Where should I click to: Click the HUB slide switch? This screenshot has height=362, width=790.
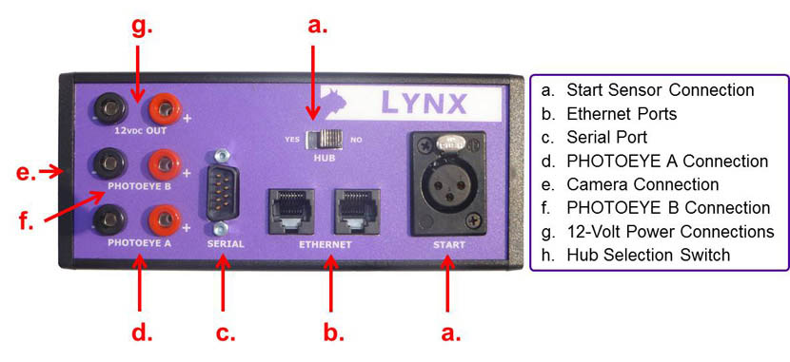pyautogui.click(x=325, y=140)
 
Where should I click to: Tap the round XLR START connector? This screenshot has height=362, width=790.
pyautogui.click(x=446, y=184)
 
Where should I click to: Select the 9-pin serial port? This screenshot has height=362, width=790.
pyautogui.click(x=221, y=191)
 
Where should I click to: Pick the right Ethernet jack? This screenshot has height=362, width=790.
pyautogui.click(x=357, y=211)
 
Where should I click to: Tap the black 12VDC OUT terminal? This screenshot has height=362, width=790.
pyautogui.click(x=108, y=108)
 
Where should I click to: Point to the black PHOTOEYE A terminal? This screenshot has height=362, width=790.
pyautogui.click(x=108, y=219)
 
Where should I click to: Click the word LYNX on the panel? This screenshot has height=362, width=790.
pyautogui.click(x=424, y=103)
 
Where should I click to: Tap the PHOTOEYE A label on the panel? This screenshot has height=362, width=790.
pyautogui.click(x=140, y=244)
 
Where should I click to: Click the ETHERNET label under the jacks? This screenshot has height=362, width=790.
pyautogui.click(x=325, y=245)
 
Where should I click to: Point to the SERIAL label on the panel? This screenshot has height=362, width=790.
pyautogui.click(x=226, y=244)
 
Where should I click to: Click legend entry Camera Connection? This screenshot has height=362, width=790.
pyautogui.click(x=630, y=184)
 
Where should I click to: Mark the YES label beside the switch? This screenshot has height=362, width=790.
pyautogui.click(x=292, y=140)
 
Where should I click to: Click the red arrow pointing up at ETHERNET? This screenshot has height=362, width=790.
pyautogui.click(x=330, y=284)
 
